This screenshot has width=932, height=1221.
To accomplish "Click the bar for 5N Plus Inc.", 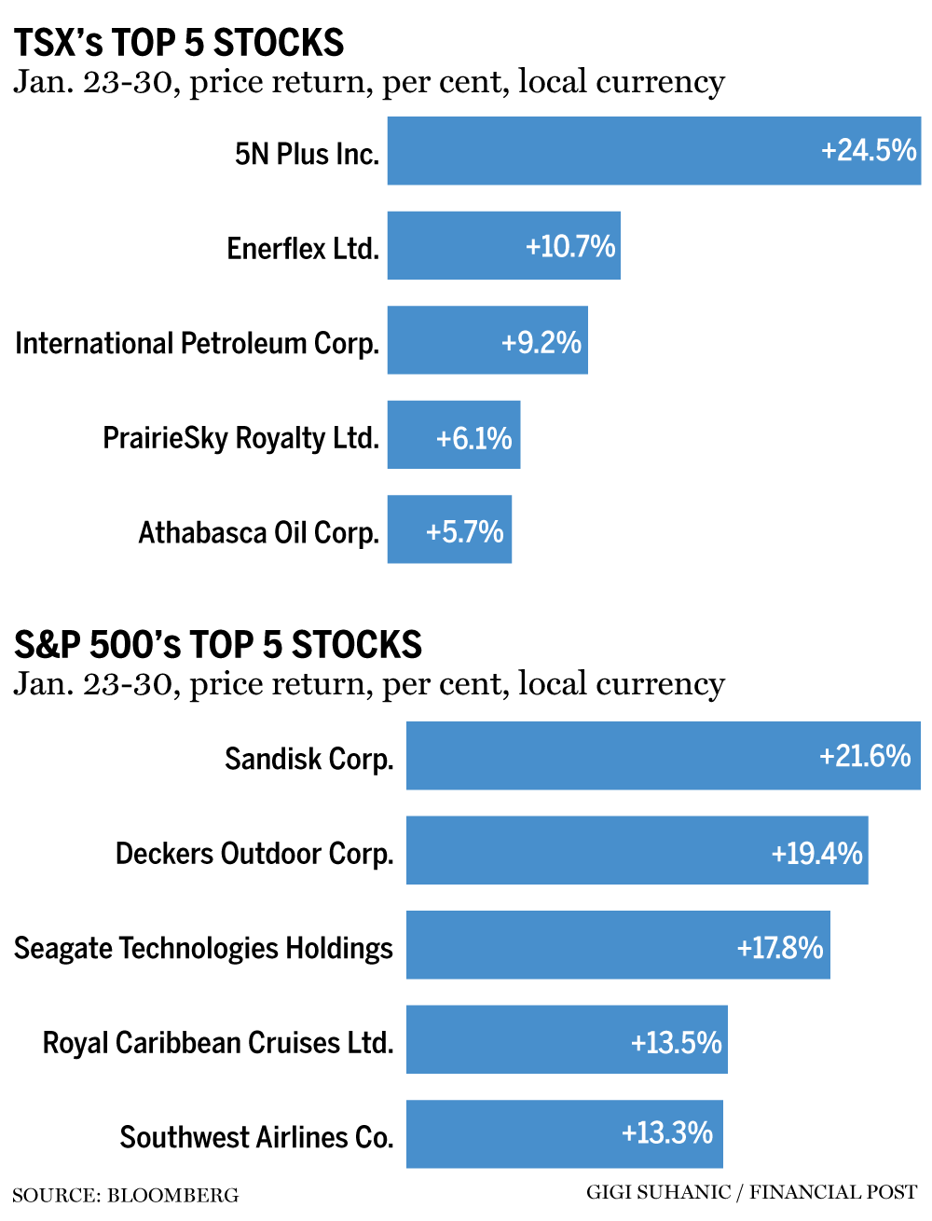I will coord(596,151).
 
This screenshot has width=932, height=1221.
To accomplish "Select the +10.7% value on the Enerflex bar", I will coord(570,246).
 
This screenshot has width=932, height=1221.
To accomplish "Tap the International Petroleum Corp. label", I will coord(198,343).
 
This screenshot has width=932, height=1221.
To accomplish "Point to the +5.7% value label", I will coord(464,531).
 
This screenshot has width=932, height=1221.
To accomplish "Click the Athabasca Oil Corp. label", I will coord(259,532).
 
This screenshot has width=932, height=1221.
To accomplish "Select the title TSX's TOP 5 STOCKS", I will coord(179,43).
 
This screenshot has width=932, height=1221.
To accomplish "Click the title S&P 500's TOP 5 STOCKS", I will coord(218,645).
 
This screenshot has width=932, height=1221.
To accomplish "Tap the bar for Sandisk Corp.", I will coord(606,756).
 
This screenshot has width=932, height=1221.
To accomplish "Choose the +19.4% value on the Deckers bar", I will coord(816,853).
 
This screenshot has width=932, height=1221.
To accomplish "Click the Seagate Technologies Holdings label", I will coord(203,948).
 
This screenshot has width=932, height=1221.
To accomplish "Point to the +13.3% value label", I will coord(667,1133).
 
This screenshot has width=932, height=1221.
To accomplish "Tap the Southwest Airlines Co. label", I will coord(256,1137).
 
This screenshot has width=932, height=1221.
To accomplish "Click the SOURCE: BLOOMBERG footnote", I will coord(126,1196).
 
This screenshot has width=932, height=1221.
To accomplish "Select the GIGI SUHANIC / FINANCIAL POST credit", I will coord(751,1192).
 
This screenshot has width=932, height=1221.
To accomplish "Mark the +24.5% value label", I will coord(869,150).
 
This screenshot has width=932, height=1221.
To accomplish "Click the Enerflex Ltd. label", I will coord(303,248).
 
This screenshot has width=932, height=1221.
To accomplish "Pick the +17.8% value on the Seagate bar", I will coord(780,947).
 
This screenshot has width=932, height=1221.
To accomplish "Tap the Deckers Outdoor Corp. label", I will coord(254,853).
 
